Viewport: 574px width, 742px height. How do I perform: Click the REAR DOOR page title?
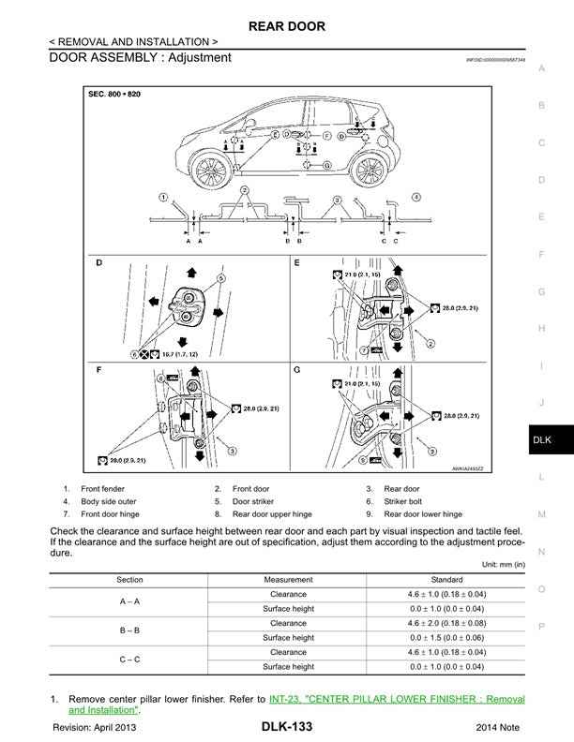click(286, 26)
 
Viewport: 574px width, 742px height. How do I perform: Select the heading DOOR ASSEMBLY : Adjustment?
click(140, 58)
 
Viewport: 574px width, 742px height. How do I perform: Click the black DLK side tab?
click(541, 439)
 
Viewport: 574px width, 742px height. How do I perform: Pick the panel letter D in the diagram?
click(99, 263)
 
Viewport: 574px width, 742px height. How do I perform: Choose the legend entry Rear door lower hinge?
click(423, 514)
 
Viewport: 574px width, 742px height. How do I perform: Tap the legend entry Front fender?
click(102, 488)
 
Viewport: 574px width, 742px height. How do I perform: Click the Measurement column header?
click(288, 579)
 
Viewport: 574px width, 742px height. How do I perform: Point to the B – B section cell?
click(129, 630)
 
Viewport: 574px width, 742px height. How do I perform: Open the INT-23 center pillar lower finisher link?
click(394, 699)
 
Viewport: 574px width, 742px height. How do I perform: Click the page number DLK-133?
click(287, 727)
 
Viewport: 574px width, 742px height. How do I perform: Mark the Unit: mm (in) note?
click(503, 564)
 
